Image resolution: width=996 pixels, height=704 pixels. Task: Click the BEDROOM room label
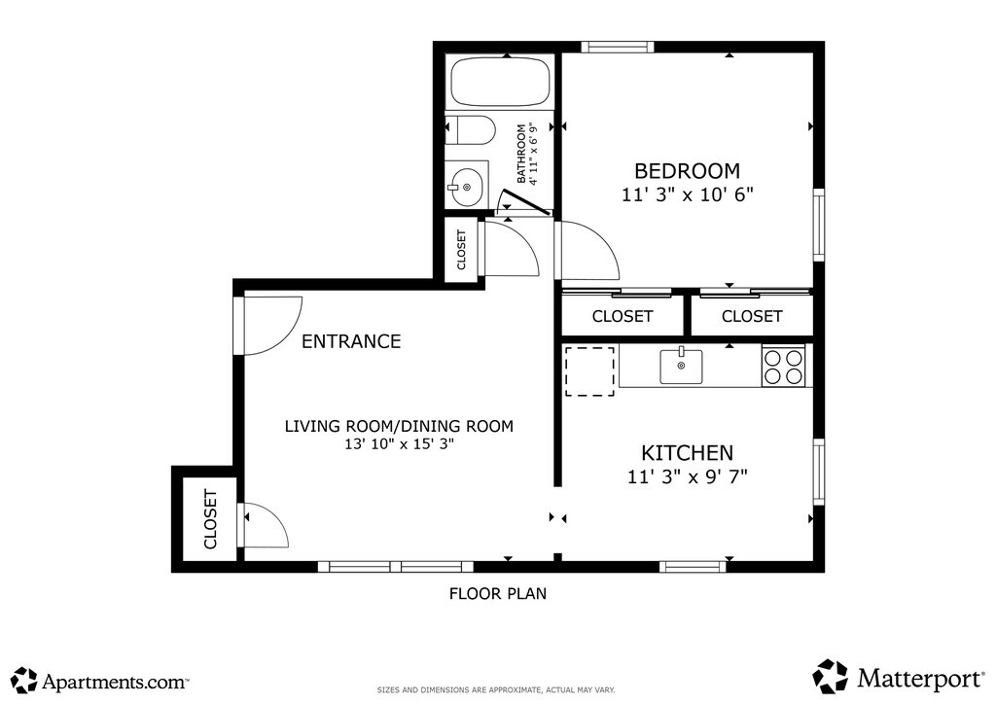pos(688,171)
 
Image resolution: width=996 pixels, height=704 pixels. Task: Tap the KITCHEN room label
pos(688,452)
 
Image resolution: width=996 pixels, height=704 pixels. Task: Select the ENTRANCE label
pos(351,341)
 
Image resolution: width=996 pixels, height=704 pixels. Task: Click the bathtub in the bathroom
pos(500,82)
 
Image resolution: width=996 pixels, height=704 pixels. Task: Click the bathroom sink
pos(467,186)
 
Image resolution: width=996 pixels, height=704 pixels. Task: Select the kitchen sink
pos(681,367)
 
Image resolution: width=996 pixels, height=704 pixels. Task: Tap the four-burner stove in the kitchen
pos(784,367)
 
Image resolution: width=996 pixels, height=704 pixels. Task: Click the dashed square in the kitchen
pos(589,371)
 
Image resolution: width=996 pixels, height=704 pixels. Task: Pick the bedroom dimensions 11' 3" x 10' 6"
pos(688,194)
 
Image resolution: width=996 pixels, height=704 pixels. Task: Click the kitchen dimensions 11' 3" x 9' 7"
pos(688,476)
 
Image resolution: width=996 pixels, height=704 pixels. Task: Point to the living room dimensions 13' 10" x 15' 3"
pos(399,443)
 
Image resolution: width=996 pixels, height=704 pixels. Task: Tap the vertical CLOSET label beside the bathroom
pos(461,250)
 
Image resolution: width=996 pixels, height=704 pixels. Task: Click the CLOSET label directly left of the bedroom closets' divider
pos(622,316)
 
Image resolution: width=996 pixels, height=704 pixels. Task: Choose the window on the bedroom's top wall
pos(618,47)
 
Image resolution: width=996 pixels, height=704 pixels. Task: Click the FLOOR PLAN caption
pos(498,593)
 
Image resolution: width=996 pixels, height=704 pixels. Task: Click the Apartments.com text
pos(115,682)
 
